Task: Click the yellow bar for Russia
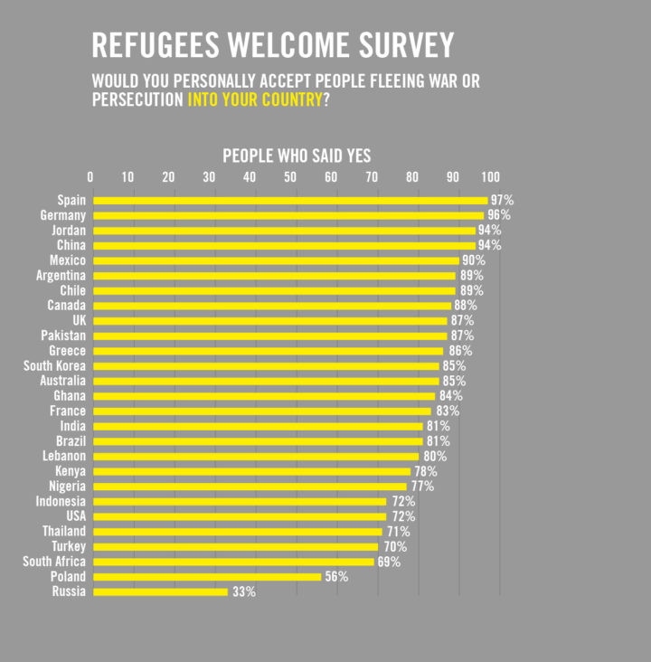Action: (x=160, y=591)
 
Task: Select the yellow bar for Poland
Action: (x=207, y=576)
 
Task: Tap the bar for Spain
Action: (x=290, y=200)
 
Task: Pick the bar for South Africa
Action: (x=233, y=562)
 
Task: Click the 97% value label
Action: (x=502, y=200)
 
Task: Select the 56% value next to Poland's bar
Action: (x=336, y=576)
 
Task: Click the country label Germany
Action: (x=63, y=215)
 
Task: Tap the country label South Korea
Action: (x=55, y=365)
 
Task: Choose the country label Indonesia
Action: (x=61, y=501)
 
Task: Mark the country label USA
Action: (x=76, y=516)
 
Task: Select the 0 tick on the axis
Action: (x=90, y=176)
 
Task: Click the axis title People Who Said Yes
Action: (x=297, y=156)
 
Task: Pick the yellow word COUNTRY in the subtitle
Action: (x=290, y=99)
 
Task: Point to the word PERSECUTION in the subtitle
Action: (x=137, y=99)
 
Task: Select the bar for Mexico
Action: (x=276, y=260)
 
